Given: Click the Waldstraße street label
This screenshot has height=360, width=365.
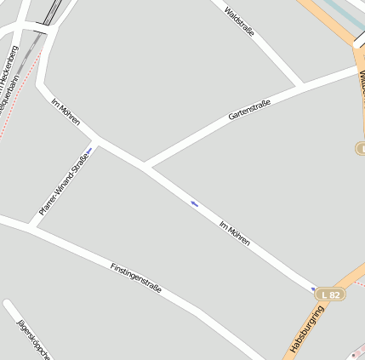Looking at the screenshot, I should [239, 21].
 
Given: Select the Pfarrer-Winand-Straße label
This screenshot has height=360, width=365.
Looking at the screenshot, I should [63, 183].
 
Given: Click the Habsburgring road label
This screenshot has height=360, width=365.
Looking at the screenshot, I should [307, 329].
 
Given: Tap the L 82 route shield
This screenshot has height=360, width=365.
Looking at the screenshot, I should [330, 294].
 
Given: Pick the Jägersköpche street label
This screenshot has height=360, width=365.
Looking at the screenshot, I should [35, 338].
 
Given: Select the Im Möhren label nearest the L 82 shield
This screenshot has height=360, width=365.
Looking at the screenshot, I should [234, 234].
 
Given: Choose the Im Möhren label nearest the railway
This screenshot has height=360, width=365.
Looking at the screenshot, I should [66, 111].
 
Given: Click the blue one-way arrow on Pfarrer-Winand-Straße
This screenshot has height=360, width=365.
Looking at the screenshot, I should [88, 151].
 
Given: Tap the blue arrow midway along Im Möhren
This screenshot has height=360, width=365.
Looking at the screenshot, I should [195, 203].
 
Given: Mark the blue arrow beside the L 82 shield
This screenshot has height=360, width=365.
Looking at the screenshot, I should [313, 289].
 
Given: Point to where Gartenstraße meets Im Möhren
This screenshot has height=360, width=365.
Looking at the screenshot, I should [146, 166].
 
